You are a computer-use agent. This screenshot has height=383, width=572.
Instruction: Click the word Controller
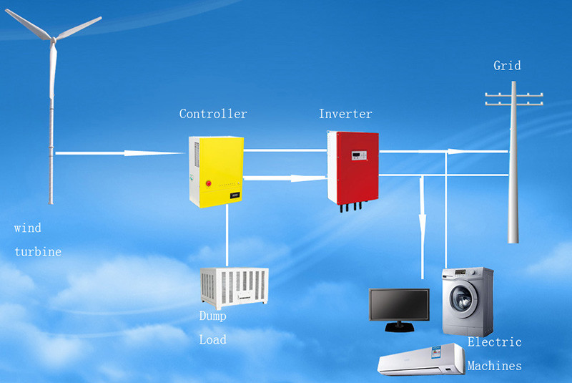[x=213, y=114]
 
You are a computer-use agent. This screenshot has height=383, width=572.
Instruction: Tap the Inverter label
[x=345, y=114]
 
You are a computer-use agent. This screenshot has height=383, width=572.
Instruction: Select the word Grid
[x=507, y=66]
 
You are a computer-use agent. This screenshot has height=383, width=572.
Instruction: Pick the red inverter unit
[x=352, y=165]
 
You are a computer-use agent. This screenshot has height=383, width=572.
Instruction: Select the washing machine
[x=467, y=301]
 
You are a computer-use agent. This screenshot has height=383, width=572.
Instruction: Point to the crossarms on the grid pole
[x=513, y=98]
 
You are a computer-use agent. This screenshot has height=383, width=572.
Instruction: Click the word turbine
[x=37, y=252]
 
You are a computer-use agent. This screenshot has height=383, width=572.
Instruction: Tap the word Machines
[x=494, y=366]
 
